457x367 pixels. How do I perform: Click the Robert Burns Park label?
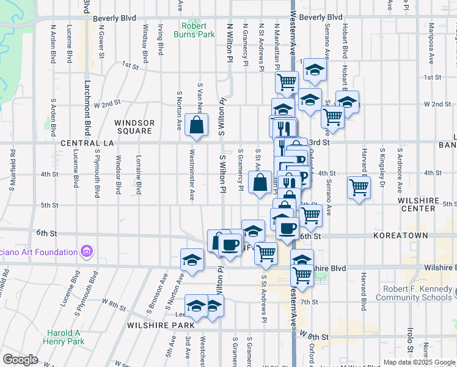click(198, 31)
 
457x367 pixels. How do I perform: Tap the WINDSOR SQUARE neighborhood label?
click(134, 127)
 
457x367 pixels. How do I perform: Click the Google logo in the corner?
click(20, 360)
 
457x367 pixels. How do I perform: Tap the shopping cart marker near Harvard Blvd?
click(359, 187)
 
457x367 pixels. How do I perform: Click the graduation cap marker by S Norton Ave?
click(192, 260)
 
